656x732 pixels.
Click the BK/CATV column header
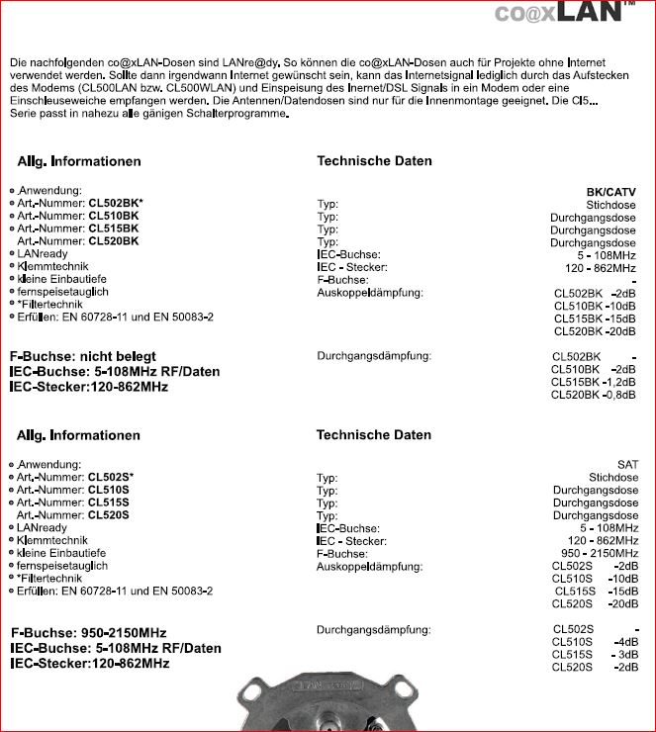point(610,192)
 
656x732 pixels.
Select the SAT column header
point(627,464)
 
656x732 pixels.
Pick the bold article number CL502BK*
point(116,202)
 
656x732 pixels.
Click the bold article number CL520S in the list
point(109,514)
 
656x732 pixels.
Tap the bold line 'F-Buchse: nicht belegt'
point(82,356)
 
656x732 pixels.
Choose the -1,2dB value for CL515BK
point(620,382)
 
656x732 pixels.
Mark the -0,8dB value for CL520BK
point(620,395)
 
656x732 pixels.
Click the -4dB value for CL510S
point(624,642)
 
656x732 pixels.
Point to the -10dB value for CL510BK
point(621,306)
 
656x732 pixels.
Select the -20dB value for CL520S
point(622,603)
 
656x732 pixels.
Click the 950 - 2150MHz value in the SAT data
point(600,553)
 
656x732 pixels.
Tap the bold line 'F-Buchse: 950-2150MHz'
point(88,632)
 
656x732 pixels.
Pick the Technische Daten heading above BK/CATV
point(374,160)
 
